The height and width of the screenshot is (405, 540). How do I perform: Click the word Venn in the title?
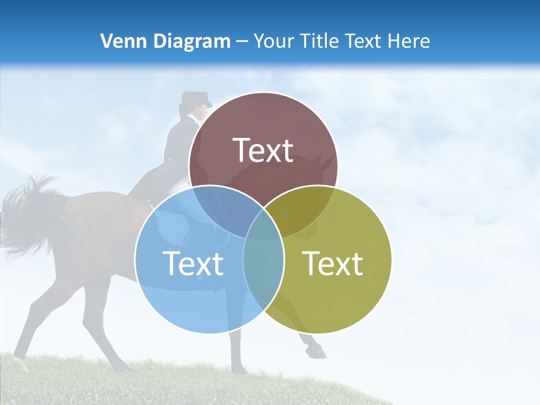pos(120,41)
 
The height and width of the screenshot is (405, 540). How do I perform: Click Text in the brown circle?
pos(263,150)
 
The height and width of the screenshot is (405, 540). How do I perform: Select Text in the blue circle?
pos(193,263)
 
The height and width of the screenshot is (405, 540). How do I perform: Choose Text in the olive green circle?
pos(333,263)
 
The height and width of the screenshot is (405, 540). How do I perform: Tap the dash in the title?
pos(242,42)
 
